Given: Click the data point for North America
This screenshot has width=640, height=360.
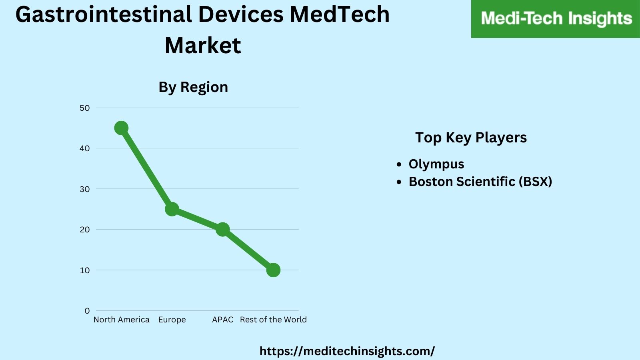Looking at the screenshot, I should (x=121, y=128).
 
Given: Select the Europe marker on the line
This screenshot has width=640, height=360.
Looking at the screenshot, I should (x=172, y=209).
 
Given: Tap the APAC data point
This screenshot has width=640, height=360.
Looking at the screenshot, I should (x=222, y=229).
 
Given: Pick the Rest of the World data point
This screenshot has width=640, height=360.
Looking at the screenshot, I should (x=273, y=270).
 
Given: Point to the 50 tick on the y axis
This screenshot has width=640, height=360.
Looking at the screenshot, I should (x=85, y=108).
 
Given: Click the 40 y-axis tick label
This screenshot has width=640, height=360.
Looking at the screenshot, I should (x=85, y=148).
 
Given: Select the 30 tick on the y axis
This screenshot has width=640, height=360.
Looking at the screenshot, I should (x=85, y=189).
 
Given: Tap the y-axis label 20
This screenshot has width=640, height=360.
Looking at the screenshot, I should (x=85, y=230).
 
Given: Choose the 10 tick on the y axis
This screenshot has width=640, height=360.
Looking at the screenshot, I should (x=85, y=270).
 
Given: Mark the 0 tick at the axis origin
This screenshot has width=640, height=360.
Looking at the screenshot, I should (x=87, y=311).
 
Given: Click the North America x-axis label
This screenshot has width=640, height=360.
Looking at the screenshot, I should (x=121, y=320).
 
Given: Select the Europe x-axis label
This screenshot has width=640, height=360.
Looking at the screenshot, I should (x=172, y=320).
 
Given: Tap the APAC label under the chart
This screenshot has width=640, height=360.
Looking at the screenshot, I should (x=222, y=320).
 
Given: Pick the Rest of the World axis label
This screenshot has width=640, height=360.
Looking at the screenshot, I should (x=273, y=320).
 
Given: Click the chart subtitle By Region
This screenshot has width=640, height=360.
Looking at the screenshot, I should (x=193, y=87).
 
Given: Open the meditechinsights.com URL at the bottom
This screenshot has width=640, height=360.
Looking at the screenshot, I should (x=347, y=351).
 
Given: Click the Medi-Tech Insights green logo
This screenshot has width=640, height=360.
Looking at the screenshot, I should (x=556, y=19).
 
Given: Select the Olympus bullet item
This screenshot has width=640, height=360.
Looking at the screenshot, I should (x=436, y=164).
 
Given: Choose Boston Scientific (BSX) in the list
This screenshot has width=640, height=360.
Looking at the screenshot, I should (x=480, y=182).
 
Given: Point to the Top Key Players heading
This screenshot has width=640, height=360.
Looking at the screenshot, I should (x=471, y=138).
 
